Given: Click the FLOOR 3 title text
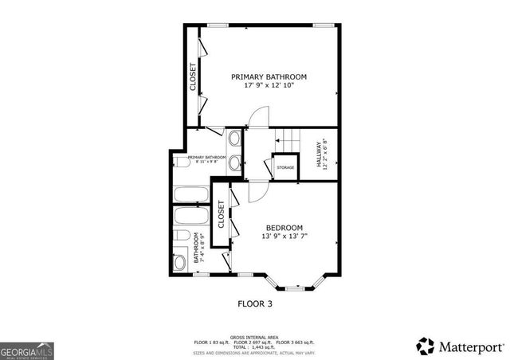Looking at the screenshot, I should [x=254, y=303].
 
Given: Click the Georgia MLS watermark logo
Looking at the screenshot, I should [x=26, y=350].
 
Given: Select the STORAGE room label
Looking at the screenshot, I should [x=285, y=167].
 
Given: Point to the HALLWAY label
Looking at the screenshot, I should [x=319, y=155].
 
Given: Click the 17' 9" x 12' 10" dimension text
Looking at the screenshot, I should [x=269, y=86].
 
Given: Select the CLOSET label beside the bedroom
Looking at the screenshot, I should [x=221, y=214].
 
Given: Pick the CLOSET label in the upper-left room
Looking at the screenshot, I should [x=193, y=77].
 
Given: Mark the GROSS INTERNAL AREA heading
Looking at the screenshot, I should [x=253, y=337].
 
